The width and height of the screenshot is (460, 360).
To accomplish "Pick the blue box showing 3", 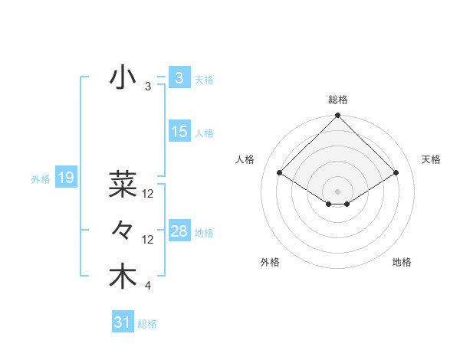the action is click(179, 78).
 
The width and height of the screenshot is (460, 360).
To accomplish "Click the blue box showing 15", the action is click(179, 132).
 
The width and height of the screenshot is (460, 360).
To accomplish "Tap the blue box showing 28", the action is click(179, 231).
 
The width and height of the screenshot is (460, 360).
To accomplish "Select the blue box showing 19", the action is click(65, 178).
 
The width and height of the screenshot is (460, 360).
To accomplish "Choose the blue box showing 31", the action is click(122, 322).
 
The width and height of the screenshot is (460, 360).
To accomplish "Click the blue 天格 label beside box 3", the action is click(204, 79).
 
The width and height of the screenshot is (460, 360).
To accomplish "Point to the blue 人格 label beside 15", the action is click(204, 133).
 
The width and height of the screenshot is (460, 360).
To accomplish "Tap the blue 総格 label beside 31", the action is click(147, 324).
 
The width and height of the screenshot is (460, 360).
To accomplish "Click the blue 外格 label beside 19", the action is click(41, 179).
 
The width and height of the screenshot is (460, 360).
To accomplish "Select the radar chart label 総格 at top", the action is click(338, 100).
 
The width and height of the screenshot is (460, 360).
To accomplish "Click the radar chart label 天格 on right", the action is click(431, 159).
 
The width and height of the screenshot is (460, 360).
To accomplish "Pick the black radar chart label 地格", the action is click(402, 262).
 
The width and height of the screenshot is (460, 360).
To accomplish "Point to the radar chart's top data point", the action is click(337, 116).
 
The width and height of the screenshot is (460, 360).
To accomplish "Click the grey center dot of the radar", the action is click(337, 191).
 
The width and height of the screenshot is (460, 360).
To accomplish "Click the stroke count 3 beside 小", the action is click(147, 87).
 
